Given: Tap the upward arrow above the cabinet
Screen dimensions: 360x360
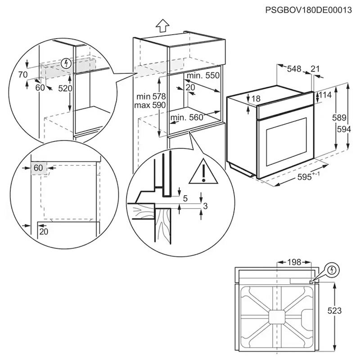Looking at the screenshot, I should coord(163,26).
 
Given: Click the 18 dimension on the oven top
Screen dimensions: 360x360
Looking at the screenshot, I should coord(256,99).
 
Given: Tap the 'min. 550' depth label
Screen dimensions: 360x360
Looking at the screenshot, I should coord(202,76).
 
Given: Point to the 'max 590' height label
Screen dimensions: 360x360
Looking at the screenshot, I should coord(150,104).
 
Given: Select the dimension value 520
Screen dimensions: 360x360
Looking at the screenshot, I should coord(65,88).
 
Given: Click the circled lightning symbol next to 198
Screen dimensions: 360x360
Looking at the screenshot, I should coord(332,270).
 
